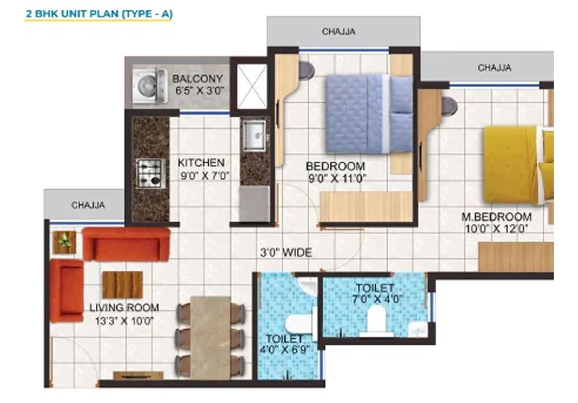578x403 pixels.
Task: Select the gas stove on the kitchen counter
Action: [x=150, y=173]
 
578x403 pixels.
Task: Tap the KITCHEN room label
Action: [x=201, y=162]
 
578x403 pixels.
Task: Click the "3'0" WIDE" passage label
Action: [x=285, y=252]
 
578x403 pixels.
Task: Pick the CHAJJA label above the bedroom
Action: [x=339, y=32]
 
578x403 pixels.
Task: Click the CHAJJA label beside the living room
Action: [x=88, y=205]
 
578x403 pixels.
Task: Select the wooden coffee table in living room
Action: [x=122, y=284]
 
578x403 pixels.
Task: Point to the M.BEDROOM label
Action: [x=496, y=217]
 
